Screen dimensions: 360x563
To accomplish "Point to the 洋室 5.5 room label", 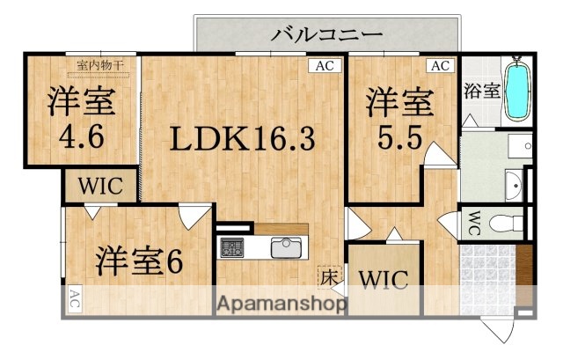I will [x=400, y=118].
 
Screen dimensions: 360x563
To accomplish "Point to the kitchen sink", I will [x=287, y=247].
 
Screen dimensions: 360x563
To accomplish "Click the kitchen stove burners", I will [x=233, y=247].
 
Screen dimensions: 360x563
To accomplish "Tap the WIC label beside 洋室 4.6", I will [x=99, y=187].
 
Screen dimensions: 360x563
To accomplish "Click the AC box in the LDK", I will [x=325, y=65].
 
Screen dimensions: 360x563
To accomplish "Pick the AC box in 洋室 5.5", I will [x=439, y=65].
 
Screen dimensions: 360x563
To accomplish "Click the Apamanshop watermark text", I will [x=281, y=304].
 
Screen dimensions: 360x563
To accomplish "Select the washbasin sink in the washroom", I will [x=516, y=184].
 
